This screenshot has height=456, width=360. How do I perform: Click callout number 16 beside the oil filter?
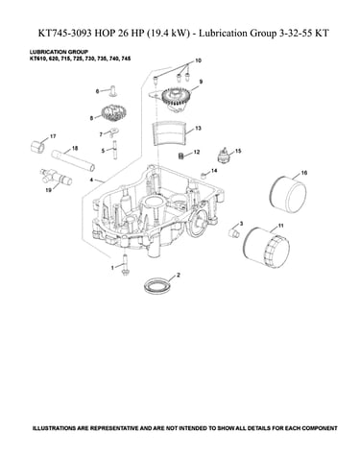click(x=304, y=173)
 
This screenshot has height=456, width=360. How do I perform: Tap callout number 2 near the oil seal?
click(x=179, y=275)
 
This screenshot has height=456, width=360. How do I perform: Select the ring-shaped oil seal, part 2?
click(x=156, y=285)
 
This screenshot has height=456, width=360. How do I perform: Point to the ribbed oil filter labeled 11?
click(x=266, y=247)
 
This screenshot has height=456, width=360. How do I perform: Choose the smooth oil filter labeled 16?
click(x=288, y=194)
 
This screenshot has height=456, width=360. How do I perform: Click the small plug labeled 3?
click(x=234, y=232)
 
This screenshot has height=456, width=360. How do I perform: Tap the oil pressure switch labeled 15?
click(x=224, y=156)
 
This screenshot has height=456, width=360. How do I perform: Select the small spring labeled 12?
click(x=181, y=156)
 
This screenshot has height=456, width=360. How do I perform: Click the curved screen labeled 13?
click(x=169, y=132)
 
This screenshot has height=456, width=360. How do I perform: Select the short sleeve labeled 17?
click(x=38, y=147)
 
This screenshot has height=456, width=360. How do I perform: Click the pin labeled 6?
click(x=113, y=90)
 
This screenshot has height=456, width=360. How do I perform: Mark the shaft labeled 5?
click(x=114, y=149)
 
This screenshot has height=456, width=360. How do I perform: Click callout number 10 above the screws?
click(x=198, y=60)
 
